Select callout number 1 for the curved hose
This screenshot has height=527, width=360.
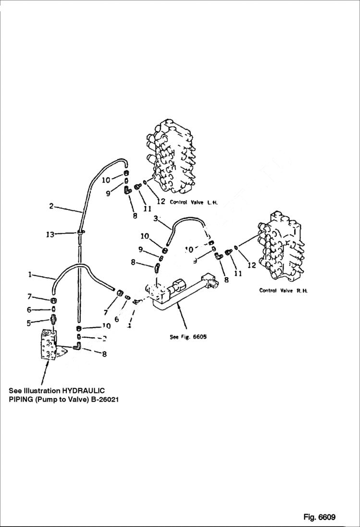coord(30,275)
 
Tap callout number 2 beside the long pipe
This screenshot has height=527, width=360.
coord(51,207)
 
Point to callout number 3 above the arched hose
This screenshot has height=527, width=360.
coord(156,219)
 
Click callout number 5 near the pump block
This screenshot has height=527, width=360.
coord(29,323)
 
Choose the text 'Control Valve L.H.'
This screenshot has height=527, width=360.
coord(193,202)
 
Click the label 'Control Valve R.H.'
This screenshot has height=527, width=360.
coord(283,290)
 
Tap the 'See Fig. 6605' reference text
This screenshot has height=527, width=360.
coord(188,337)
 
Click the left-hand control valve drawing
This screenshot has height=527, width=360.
coord(171,154)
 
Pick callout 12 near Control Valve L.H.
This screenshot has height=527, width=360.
coord(161,201)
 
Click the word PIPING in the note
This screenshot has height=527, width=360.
coord(24,399)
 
